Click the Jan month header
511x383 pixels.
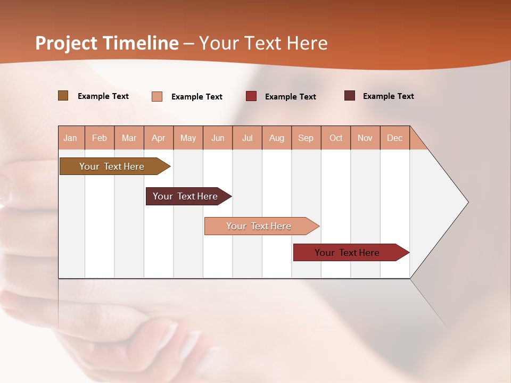point(70,138)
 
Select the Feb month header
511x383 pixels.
point(100,138)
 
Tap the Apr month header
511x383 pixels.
point(159,138)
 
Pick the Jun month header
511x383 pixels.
point(218,138)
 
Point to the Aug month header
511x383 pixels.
point(277,138)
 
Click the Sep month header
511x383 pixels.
point(306,138)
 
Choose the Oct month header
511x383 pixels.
point(336,138)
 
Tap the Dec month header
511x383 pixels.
point(395,138)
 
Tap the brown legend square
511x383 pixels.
point(63,96)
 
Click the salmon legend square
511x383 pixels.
point(157,96)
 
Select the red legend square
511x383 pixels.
point(251,96)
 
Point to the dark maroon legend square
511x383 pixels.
point(350,96)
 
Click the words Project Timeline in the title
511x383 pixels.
point(107,43)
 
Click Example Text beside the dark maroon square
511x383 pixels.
point(389,96)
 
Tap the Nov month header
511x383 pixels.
point(365,138)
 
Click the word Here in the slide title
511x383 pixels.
point(308,43)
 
